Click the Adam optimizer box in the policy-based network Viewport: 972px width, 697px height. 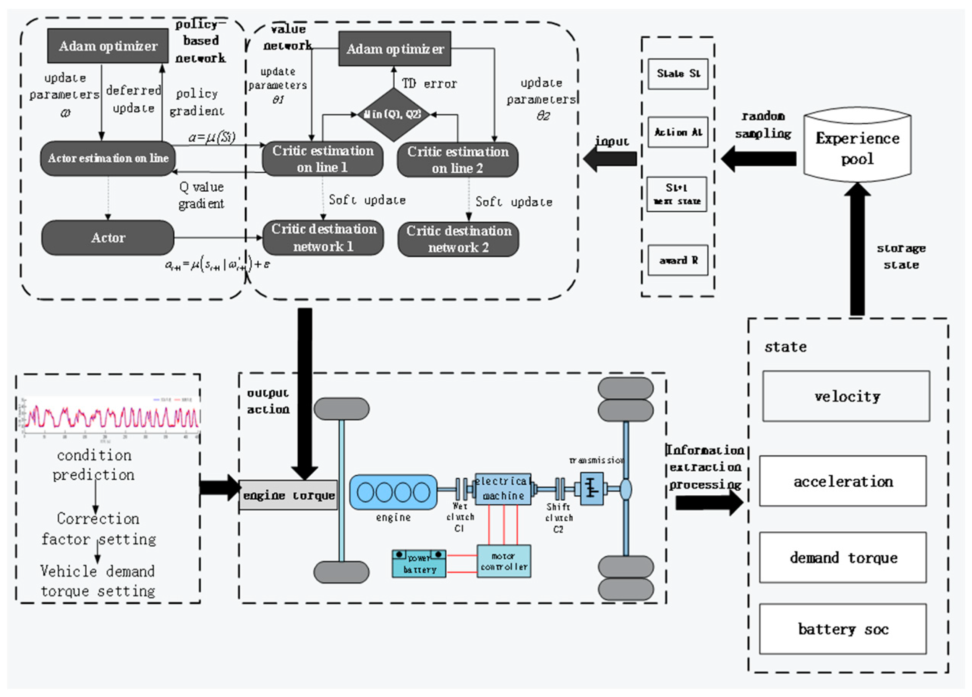tap(108, 46)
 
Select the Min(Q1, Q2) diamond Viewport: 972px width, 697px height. tap(394, 114)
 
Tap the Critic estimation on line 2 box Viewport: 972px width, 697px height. tap(458, 160)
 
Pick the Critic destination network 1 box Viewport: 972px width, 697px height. tap(324, 238)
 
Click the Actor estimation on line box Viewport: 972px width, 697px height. tap(108, 158)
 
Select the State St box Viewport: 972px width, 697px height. tap(677, 74)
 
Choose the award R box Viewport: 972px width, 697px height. tap(677, 260)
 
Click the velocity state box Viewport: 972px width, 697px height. tap(846, 396)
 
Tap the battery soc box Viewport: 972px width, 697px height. tap(842, 629)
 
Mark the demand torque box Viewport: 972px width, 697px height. tap(842, 557)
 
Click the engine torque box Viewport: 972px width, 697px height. tap(288, 495)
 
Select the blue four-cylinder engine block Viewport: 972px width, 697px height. tap(394, 492)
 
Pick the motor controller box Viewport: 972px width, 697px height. tap(504, 561)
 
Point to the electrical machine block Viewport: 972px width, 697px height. tap(503, 489)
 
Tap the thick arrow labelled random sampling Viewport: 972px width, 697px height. tap(758, 159)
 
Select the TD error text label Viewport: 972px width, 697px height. tap(429, 84)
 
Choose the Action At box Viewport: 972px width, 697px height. tap(677, 132)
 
